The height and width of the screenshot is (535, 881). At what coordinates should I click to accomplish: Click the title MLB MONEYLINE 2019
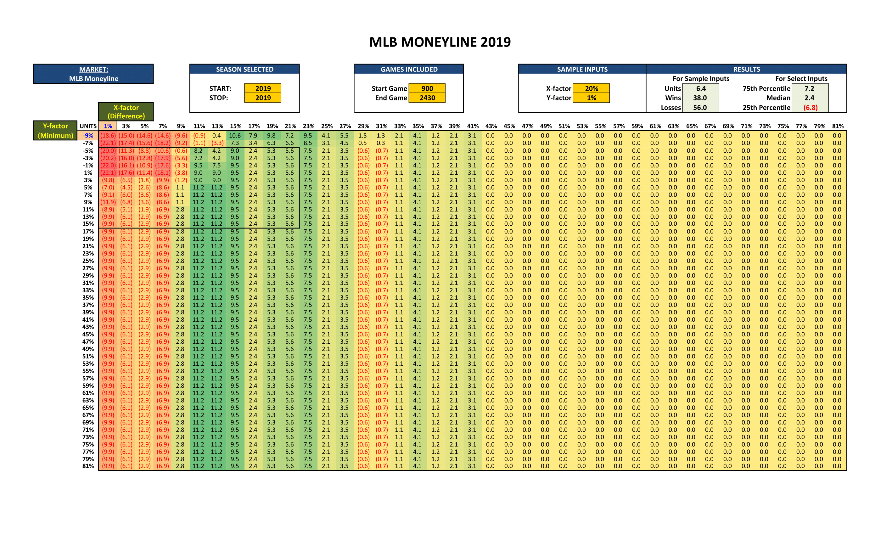(x=440, y=42)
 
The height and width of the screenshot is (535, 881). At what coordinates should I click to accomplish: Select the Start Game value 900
(x=427, y=88)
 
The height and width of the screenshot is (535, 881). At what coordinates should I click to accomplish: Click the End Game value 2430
(x=427, y=98)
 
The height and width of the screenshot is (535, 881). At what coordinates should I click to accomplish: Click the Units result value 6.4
(x=700, y=88)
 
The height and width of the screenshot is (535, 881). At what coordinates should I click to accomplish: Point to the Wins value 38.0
(x=700, y=98)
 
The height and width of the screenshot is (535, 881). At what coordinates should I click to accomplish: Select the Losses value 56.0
(x=700, y=107)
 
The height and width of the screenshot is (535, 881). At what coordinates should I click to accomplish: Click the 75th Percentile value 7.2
(x=809, y=88)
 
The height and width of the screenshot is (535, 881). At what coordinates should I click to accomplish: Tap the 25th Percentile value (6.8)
(x=810, y=107)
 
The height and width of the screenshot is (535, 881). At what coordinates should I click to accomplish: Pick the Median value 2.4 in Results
(x=809, y=98)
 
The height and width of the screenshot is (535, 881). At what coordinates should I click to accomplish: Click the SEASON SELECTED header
(x=244, y=69)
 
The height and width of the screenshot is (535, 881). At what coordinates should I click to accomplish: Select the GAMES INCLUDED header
(x=409, y=69)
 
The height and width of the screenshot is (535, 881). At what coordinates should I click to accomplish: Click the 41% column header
(x=473, y=126)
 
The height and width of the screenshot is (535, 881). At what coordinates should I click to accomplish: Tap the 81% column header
(x=838, y=126)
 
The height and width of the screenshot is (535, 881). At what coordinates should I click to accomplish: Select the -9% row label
(x=88, y=136)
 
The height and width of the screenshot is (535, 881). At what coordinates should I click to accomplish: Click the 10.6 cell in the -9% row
(x=235, y=136)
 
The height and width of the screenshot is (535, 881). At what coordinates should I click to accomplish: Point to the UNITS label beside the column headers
(x=88, y=126)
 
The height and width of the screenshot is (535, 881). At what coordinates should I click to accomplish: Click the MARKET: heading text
(x=94, y=69)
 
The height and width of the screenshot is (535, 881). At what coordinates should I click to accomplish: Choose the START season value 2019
(x=263, y=88)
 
